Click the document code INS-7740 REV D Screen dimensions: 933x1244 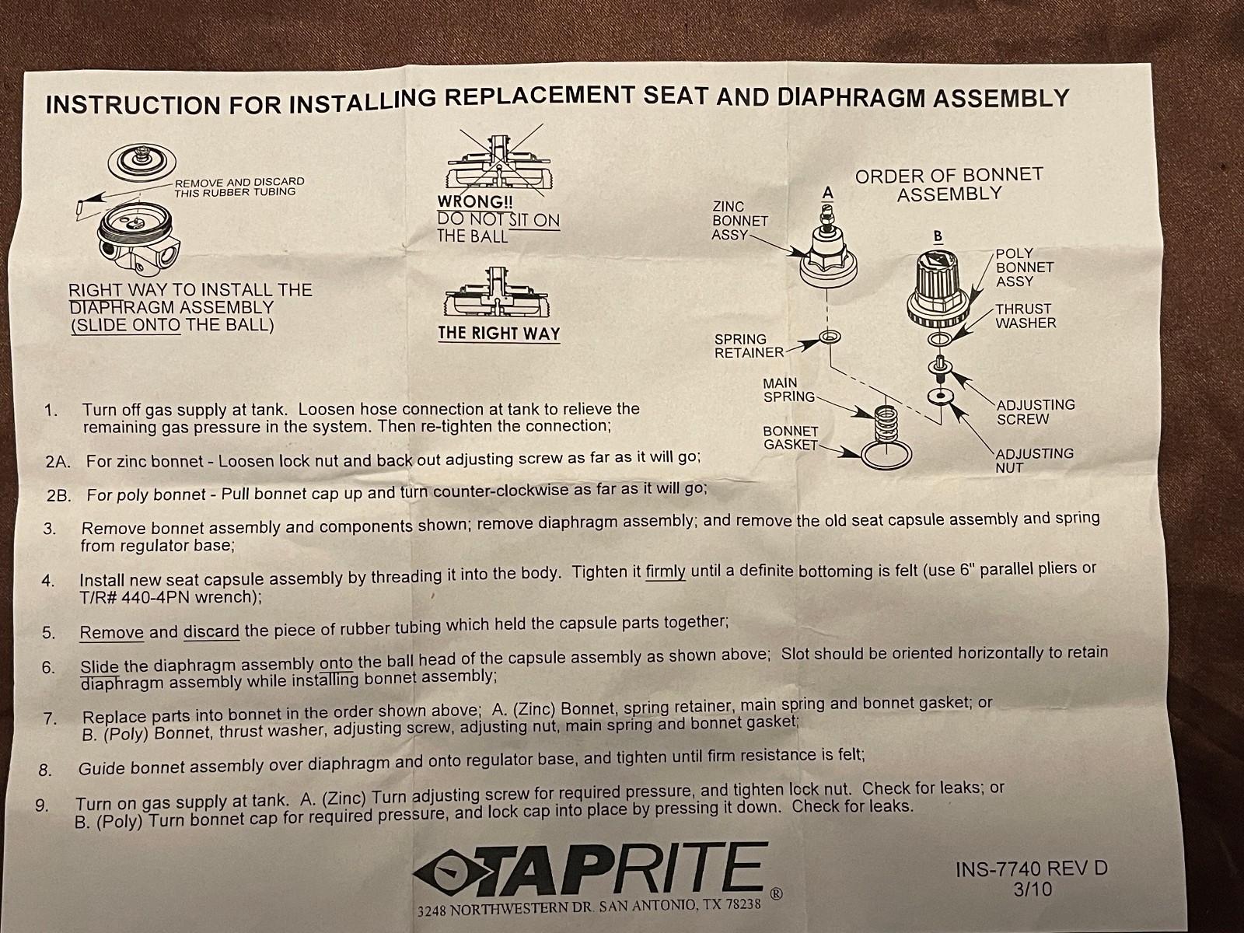tap(1031, 868)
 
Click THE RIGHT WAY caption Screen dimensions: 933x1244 tap(498, 333)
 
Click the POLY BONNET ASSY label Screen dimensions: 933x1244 tap(1025, 267)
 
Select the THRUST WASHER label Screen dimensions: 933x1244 tap(1026, 316)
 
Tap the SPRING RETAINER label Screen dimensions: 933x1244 tap(749, 346)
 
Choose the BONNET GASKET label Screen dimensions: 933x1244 tap(790, 438)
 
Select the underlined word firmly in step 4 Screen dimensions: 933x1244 tap(665, 572)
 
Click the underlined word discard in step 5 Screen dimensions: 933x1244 tap(211, 631)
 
